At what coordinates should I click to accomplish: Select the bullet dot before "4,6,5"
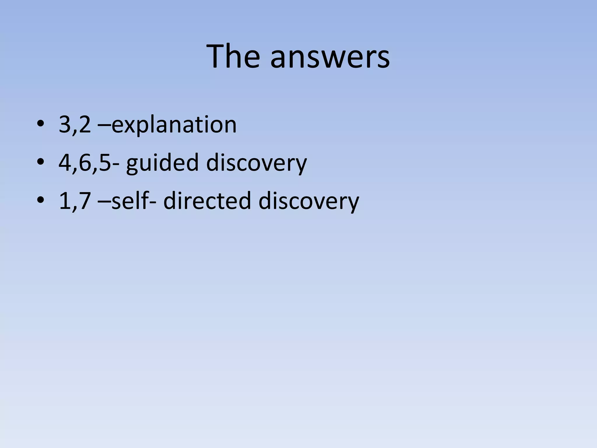point(41,162)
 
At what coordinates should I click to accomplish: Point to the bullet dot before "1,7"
point(41,201)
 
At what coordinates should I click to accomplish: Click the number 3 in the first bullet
point(64,125)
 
